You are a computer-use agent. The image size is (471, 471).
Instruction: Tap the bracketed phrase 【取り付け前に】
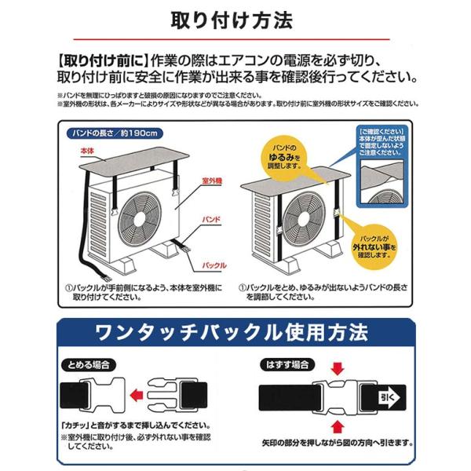coord(101,60)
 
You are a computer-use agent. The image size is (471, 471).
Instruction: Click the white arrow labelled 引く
coord(389,396)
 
